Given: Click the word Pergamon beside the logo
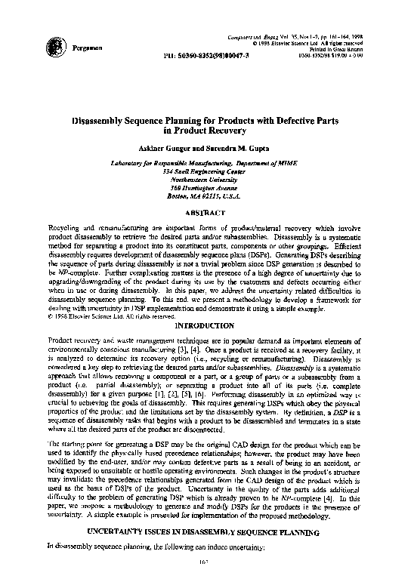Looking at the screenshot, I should [85, 48].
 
